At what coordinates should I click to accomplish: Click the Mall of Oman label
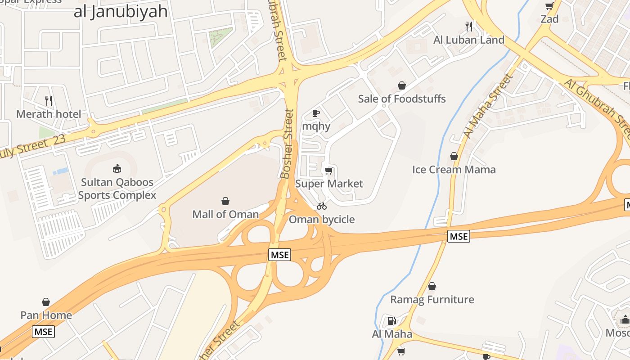[x=225, y=214]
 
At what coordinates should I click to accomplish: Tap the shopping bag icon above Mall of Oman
[x=225, y=201]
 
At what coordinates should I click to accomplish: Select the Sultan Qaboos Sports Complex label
[x=117, y=189]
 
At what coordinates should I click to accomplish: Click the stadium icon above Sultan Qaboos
[x=117, y=169]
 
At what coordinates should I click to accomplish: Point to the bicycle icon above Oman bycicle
[x=322, y=207]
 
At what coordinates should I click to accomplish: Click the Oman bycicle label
[x=322, y=220]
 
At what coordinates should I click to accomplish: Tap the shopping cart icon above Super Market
[x=329, y=171]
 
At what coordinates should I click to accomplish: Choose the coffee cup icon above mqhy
[x=316, y=113]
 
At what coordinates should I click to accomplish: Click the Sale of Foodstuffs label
[x=402, y=99]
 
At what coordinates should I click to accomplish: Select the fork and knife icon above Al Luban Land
[x=469, y=27]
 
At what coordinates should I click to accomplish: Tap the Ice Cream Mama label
[x=454, y=170]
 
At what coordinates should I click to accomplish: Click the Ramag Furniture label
[x=432, y=300]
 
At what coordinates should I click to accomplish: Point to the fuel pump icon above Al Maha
[x=392, y=321]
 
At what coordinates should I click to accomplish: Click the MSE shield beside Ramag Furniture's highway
[x=459, y=236]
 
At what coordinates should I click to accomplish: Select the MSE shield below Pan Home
[x=44, y=332]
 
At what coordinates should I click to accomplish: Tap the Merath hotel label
[x=49, y=114]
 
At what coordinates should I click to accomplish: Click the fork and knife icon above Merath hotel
[x=49, y=101]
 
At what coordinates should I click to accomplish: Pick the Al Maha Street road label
[x=488, y=106]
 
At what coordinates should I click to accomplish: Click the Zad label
[x=549, y=19]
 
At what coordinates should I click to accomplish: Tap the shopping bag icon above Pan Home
[x=46, y=302]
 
